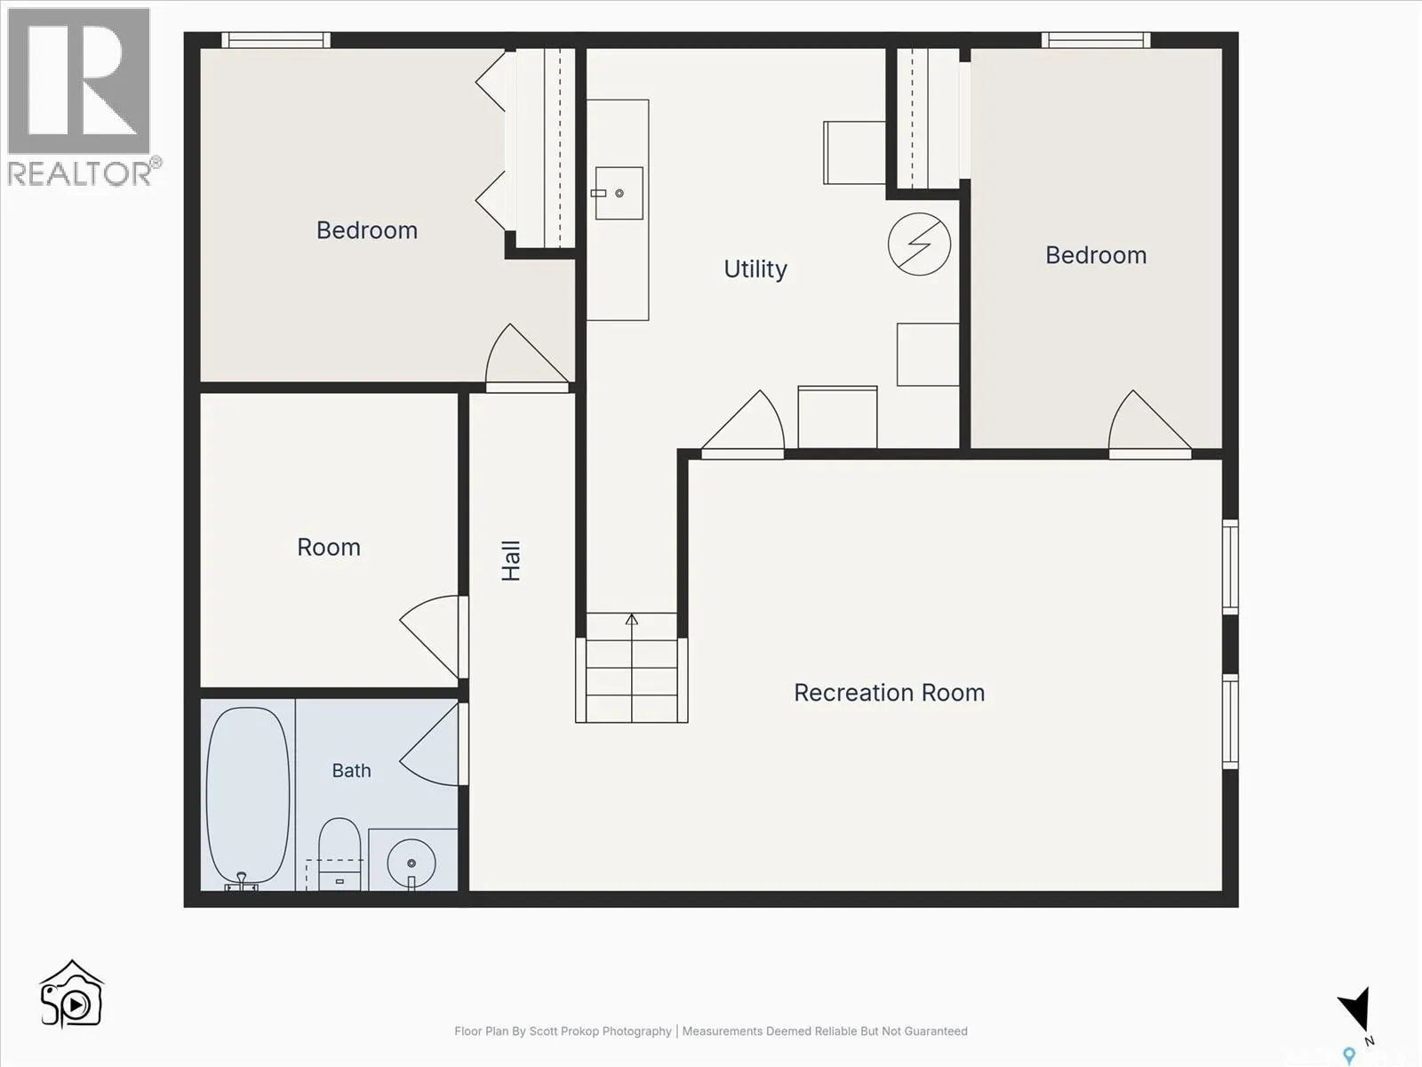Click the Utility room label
click(755, 269)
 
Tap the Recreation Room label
click(890, 693)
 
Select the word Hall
click(511, 561)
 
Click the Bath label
click(352, 770)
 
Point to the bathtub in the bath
click(248, 798)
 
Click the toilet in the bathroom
click(340, 854)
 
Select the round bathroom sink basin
click(411, 862)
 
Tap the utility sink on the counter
click(619, 193)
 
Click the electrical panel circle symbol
click(919, 245)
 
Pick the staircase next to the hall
click(632, 667)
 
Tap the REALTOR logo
click(80, 96)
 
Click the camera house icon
click(72, 993)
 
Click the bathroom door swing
click(431, 744)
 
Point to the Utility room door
click(743, 424)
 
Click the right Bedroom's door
click(1150, 424)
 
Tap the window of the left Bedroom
click(276, 40)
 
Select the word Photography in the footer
click(637, 1031)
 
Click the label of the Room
click(329, 548)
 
